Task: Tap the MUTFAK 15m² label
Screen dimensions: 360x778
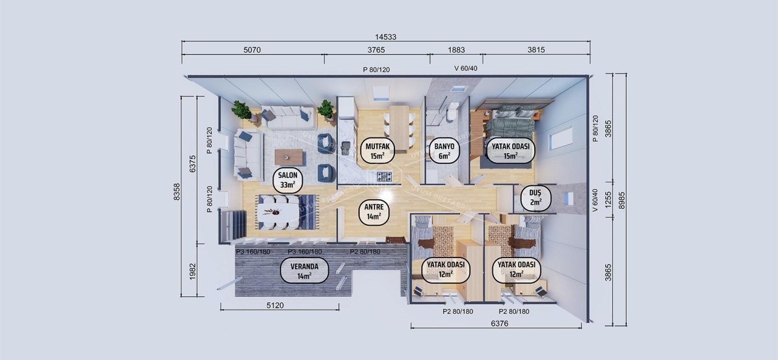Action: tap(377, 151)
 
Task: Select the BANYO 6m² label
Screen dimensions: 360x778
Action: tap(444, 151)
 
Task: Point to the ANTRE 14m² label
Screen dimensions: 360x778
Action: tap(373, 212)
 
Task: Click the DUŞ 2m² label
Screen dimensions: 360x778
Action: tap(535, 197)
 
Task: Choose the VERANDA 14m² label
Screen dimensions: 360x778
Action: tap(304, 271)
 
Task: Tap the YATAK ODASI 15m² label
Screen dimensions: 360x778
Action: tap(510, 151)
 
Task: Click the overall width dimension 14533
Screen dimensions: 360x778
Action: tap(386, 37)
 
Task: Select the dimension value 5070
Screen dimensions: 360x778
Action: tap(252, 50)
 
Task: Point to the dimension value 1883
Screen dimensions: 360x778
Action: tap(456, 50)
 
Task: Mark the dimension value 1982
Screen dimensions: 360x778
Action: tap(193, 271)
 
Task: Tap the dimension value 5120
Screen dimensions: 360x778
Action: tap(275, 305)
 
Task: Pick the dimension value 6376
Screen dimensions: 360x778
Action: tap(499, 323)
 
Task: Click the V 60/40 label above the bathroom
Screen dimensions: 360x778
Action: tap(466, 68)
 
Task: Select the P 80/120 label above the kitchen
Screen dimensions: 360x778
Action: tap(376, 70)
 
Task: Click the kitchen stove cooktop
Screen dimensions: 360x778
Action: tap(384, 176)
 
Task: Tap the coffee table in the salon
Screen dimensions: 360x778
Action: tap(289, 157)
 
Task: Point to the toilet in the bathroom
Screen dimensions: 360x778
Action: tap(453, 110)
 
